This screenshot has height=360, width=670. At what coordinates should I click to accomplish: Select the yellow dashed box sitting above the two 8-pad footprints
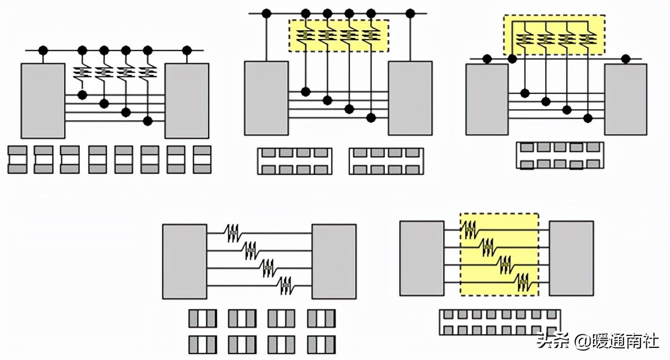point(338,36)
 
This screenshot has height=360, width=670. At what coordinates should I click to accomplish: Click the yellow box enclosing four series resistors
point(499,254)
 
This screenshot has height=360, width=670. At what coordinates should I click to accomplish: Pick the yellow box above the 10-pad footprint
point(554,35)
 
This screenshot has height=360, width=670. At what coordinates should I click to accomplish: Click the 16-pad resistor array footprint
point(499,322)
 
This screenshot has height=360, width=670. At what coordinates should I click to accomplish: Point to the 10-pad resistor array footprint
point(560,155)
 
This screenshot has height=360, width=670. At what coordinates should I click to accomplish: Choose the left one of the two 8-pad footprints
point(295,161)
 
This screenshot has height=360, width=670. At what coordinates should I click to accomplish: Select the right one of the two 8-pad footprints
point(386,161)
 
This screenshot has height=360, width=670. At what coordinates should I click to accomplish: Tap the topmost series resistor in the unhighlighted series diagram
point(233,233)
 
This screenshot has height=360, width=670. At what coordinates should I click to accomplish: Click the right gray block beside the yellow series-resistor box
point(571,257)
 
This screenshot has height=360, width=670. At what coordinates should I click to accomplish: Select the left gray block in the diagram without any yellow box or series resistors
point(43,100)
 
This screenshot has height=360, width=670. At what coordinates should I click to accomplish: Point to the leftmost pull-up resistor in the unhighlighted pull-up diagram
point(82,72)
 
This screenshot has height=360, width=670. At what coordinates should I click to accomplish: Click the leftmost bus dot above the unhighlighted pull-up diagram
point(43,50)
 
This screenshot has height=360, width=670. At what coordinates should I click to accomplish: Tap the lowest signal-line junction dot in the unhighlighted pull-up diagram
point(147,120)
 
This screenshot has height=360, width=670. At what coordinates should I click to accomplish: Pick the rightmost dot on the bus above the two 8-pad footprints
point(410,13)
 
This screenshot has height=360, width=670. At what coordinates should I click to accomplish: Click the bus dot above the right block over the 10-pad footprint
point(625,58)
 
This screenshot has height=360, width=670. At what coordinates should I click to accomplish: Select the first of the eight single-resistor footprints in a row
point(17,159)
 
